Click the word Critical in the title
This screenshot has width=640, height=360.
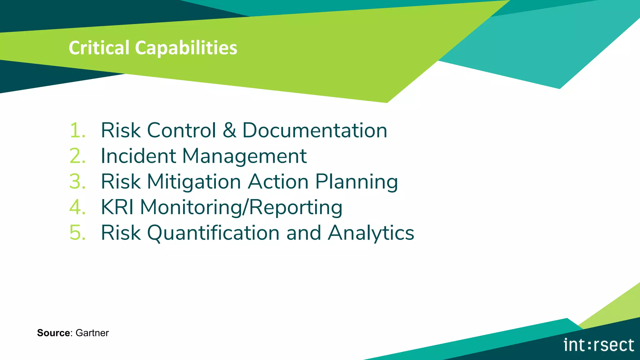coord(99,48)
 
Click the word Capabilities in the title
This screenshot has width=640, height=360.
coord(186,48)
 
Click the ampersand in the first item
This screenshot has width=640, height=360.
coord(229,130)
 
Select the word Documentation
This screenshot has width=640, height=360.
coord(315,130)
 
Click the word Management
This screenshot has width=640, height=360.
coord(244,156)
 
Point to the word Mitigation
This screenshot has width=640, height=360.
coord(194,182)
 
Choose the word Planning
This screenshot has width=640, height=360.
coord(356,182)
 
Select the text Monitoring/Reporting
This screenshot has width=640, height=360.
coord(241,207)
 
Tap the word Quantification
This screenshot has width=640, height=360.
coord(213,233)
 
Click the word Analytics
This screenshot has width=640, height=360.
coord(371,233)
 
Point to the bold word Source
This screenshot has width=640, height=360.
coord(53,333)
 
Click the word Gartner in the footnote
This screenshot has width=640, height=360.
coord(92,333)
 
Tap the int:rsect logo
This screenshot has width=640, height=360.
coord(599,345)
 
